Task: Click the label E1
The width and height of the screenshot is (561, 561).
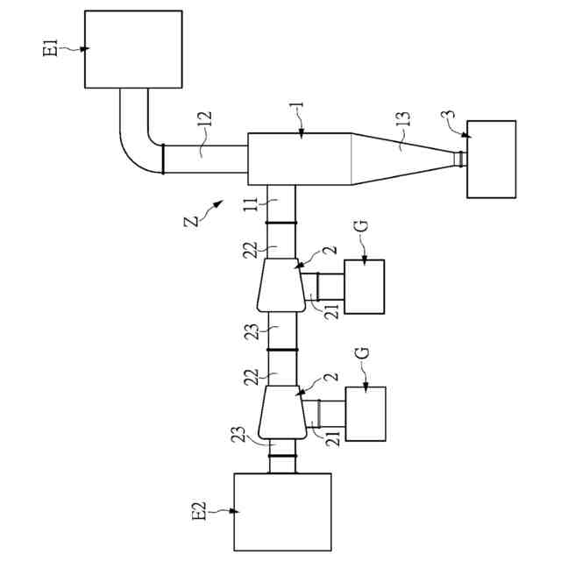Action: click(x=50, y=46)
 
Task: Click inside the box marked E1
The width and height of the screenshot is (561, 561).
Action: click(x=133, y=49)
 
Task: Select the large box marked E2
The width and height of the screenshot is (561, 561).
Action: click(x=282, y=512)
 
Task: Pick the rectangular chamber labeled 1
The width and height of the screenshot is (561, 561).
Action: click(x=300, y=160)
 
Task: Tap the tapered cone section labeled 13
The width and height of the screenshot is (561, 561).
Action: click(x=399, y=159)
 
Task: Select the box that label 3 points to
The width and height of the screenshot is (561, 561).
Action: click(x=492, y=160)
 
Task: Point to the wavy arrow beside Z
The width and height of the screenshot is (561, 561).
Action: click(x=211, y=207)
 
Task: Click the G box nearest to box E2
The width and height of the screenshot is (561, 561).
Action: click(x=365, y=414)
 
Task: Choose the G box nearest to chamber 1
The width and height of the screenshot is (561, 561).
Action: click(x=365, y=287)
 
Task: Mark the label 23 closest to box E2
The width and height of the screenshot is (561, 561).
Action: click(x=241, y=436)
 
